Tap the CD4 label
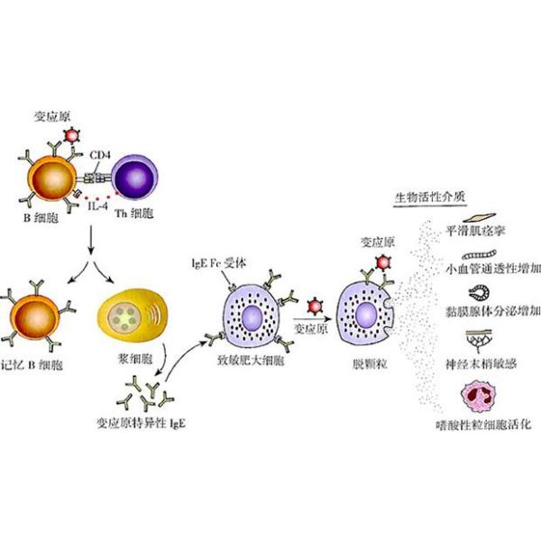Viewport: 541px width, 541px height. (100, 156)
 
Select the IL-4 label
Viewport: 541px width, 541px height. (97, 206)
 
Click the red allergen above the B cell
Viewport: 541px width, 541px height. (72, 135)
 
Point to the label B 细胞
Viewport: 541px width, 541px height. (41, 218)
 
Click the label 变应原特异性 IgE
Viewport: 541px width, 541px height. (141, 423)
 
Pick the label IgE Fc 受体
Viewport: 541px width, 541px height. (219, 263)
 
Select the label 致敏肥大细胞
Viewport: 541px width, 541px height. (251, 361)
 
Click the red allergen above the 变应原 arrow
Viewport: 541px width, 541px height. (315, 306)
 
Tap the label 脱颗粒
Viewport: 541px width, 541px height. (370, 363)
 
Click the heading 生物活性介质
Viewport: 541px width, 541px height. (430, 197)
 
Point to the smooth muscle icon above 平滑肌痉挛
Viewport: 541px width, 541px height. (480, 217)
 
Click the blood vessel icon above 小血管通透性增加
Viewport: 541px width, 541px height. (480, 254)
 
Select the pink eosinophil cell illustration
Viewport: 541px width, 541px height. (479, 397)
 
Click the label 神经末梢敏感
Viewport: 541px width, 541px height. (481, 363)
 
